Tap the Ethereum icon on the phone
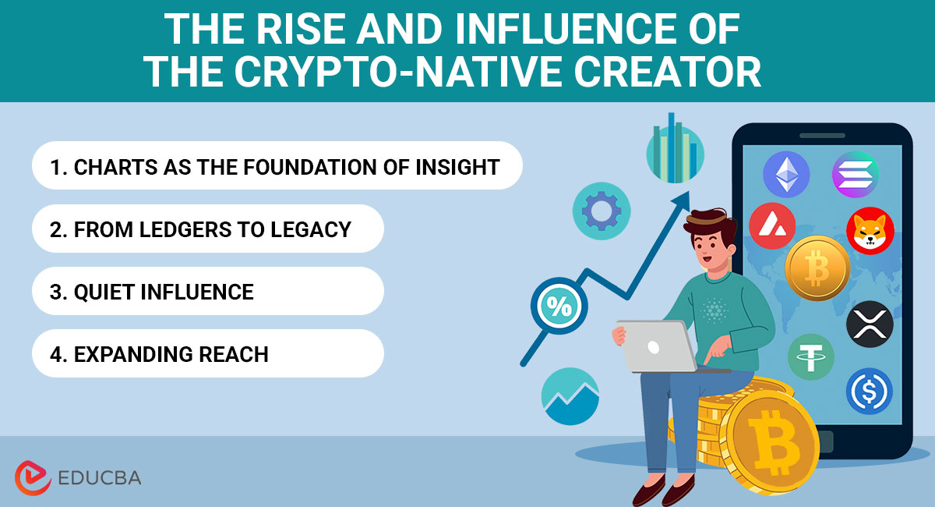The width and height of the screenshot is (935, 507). [x=786, y=174]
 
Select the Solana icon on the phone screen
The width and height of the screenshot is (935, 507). [x=855, y=174]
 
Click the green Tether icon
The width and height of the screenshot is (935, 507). [x=810, y=358]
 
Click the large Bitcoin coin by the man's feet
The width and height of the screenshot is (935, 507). [x=767, y=443]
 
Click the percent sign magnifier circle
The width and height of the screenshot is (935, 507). [x=559, y=307]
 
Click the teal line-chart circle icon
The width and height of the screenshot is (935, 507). [x=570, y=396]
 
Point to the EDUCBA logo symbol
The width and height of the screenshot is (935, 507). [x=33, y=477]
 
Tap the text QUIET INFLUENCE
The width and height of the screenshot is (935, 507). [x=164, y=292]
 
